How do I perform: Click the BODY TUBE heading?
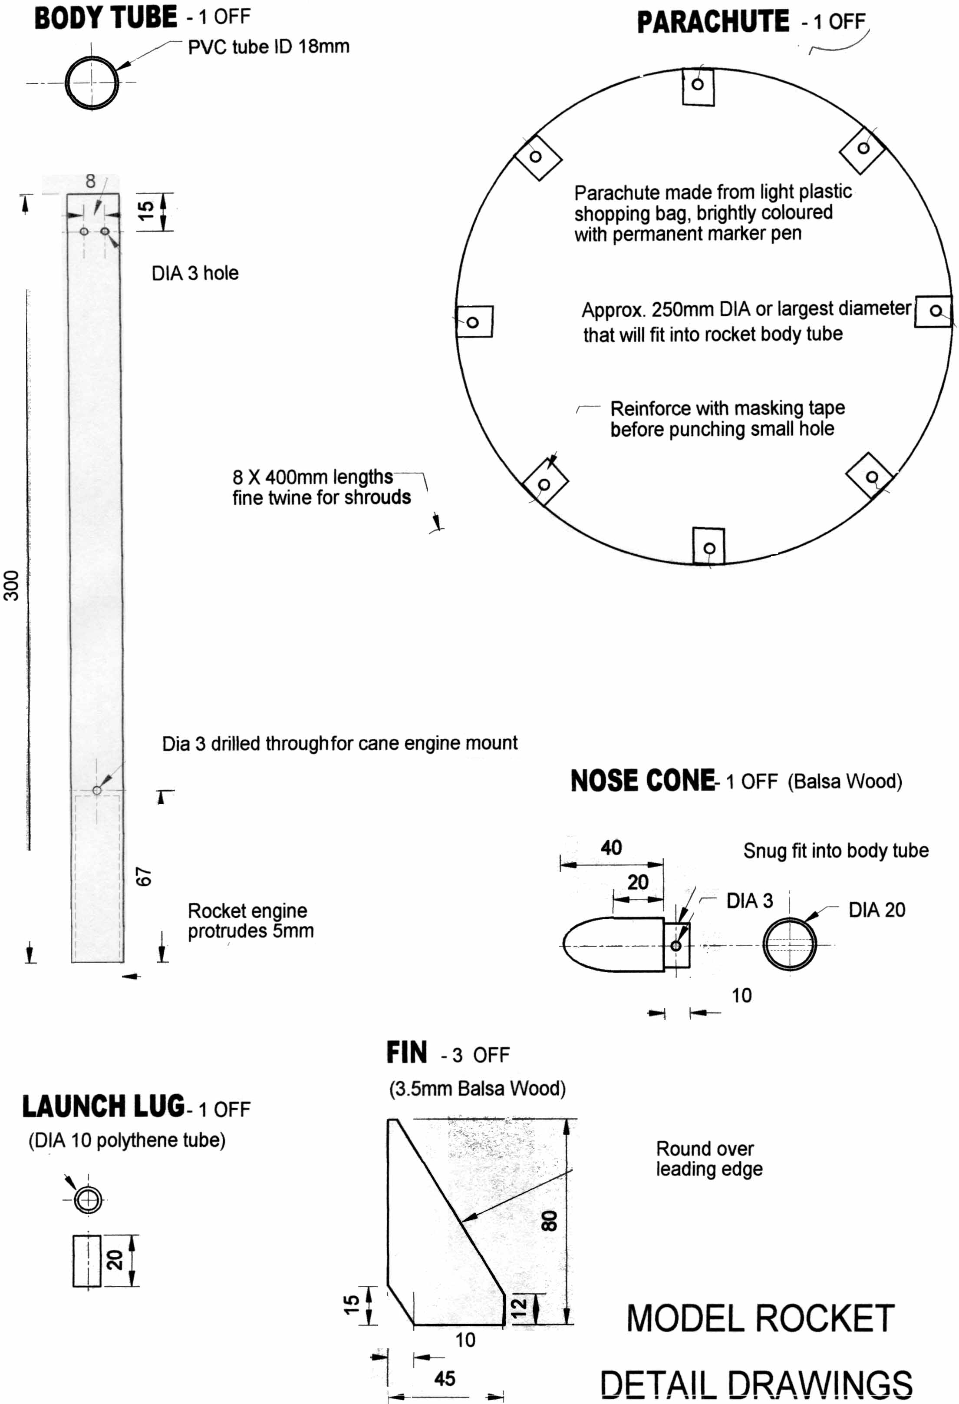[105, 18]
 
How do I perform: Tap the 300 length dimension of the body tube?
[11, 585]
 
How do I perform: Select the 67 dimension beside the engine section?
[144, 877]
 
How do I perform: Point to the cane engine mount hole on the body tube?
[97, 790]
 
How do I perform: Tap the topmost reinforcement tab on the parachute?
[698, 86]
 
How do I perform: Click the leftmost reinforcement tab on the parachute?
[474, 321]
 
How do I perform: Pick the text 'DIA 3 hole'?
[194, 273]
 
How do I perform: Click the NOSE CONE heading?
[643, 781]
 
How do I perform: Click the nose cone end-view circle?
[789, 944]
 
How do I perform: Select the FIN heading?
[406, 1053]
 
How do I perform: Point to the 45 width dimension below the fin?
[445, 1379]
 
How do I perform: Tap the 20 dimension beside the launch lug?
[115, 1260]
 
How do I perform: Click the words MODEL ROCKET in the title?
[760, 1319]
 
